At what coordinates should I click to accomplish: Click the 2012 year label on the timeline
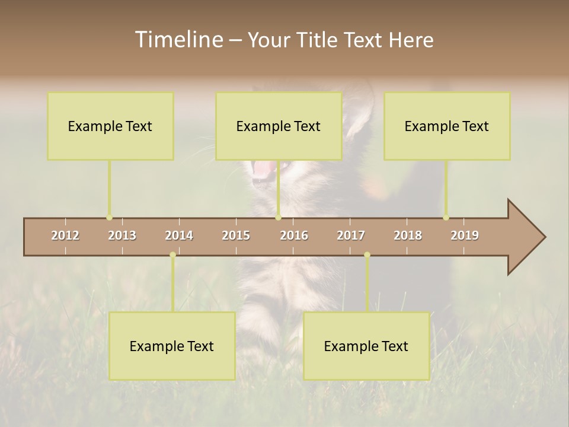click(x=65, y=235)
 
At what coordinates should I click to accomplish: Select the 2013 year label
click(x=122, y=235)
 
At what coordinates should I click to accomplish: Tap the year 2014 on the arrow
click(x=179, y=235)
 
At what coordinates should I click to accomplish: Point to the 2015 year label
click(x=236, y=235)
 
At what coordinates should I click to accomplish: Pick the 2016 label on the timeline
click(x=294, y=235)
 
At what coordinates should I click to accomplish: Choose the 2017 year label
click(x=351, y=235)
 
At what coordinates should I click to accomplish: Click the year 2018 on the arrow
click(x=408, y=235)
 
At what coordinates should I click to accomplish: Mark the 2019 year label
click(x=465, y=235)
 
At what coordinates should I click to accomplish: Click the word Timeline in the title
click(x=178, y=40)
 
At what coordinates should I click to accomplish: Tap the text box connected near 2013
click(x=110, y=126)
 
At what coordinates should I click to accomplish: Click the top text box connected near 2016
click(x=279, y=126)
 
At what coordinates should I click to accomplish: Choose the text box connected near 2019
click(x=447, y=126)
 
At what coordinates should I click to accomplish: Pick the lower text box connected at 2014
click(x=172, y=346)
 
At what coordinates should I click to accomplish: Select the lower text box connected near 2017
click(x=366, y=346)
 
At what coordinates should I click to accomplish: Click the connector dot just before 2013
click(x=109, y=218)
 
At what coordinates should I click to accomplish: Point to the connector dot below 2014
click(x=172, y=255)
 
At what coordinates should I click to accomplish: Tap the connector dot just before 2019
click(x=446, y=218)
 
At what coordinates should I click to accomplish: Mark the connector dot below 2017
click(x=367, y=255)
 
